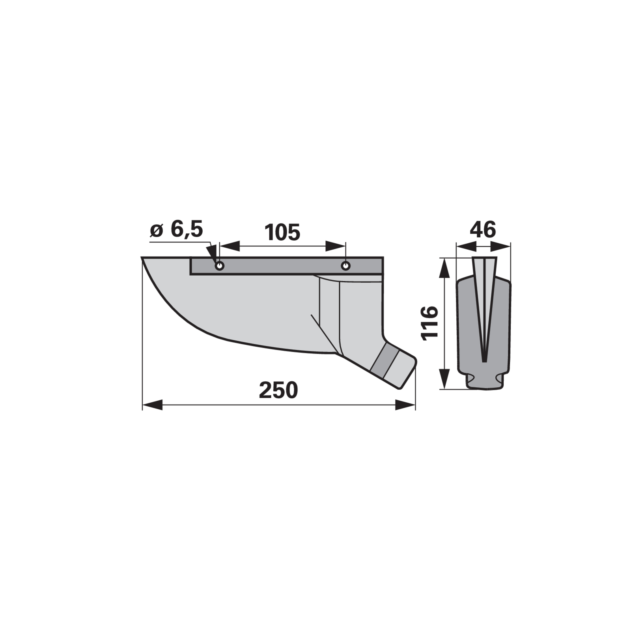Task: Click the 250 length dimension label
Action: pos(278,390)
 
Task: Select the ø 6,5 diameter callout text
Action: pos(177,229)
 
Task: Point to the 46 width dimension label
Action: pos(484,230)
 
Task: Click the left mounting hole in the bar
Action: pos(220,265)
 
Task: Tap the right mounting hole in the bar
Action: pos(345,265)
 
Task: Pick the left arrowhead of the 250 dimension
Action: pos(152,405)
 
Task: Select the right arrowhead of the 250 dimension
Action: pos(405,405)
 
